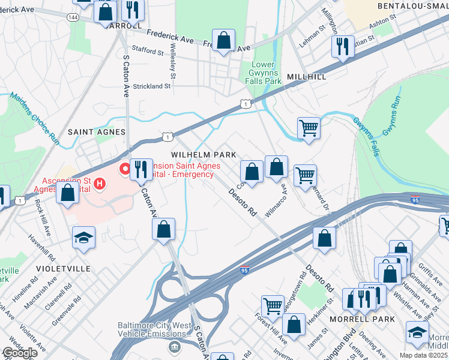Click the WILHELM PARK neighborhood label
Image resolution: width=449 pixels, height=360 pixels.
pyautogui.click(x=203, y=155)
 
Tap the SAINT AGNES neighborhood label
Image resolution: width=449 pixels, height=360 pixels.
pyautogui.click(x=97, y=131)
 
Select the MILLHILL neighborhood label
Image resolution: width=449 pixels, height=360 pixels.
pyautogui.click(x=307, y=77)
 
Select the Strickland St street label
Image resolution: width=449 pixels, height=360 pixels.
pyautogui.click(x=152, y=86)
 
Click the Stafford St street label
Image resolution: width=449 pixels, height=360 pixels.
pyautogui.click(x=148, y=53)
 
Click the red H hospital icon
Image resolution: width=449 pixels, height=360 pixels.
pyautogui.click(x=100, y=182)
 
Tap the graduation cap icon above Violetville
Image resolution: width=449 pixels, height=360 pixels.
pyautogui.click(x=84, y=237)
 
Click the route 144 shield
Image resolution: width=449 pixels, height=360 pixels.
pyautogui.click(x=73, y=17)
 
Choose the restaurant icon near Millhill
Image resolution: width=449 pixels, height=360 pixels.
pyautogui.click(x=343, y=46)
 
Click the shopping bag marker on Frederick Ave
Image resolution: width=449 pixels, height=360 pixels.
pyautogui.click(x=223, y=41)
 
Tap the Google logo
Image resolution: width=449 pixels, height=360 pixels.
pyautogui.click(x=19, y=353)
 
